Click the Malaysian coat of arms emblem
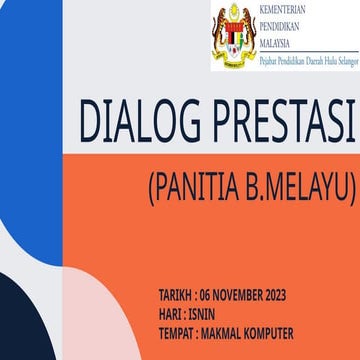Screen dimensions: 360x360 click(x=233, y=35)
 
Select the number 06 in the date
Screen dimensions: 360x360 click(x=206, y=296)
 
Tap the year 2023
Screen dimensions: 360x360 click(x=276, y=296)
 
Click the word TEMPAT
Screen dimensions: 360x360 click(x=176, y=332)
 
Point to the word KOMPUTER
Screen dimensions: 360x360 click(x=269, y=332)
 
